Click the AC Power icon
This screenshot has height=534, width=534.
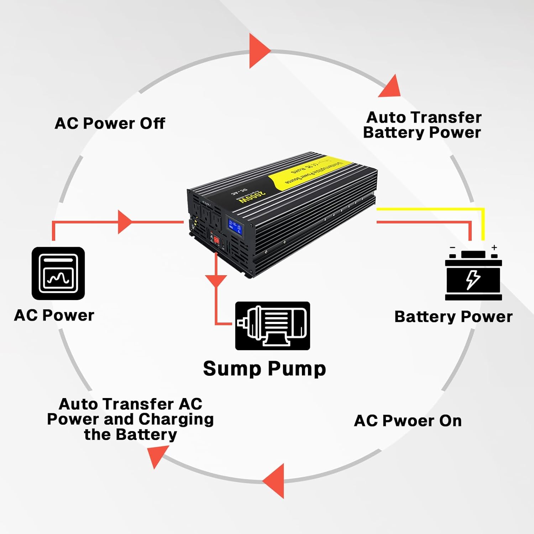coord(58,273)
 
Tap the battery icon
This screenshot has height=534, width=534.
coord(473,276)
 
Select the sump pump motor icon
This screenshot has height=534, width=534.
coord(272,326)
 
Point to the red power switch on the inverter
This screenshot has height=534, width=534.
coord(216,240)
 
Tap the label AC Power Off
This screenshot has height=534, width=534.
coord(110,124)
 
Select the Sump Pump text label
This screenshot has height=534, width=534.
coord(264,369)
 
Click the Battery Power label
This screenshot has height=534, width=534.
coord(453,317)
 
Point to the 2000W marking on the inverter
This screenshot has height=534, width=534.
coord(252,196)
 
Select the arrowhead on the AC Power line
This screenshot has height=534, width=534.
coord(124,222)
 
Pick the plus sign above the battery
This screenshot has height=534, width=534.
coord(494,247)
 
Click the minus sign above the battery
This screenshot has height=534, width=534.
coord(452,247)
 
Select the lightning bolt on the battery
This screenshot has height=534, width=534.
coord(473,279)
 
